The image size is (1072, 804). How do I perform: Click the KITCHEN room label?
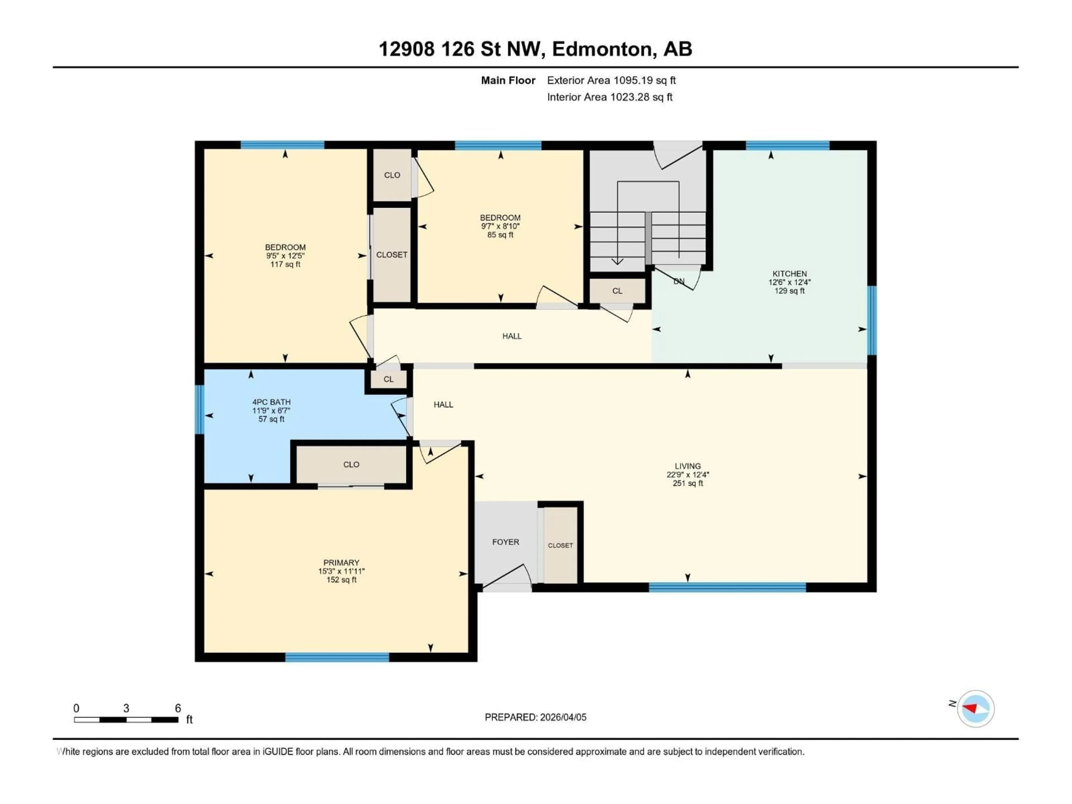789,274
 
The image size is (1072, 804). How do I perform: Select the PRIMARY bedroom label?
341,563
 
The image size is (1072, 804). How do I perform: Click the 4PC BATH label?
271,402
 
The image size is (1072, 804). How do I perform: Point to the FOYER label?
506,542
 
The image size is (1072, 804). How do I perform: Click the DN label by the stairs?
679,281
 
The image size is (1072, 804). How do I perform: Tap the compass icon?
976,709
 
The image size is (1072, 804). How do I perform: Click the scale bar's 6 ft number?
178,708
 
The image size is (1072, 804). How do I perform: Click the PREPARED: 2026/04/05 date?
535,717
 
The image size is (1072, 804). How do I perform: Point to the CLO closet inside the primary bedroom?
351,464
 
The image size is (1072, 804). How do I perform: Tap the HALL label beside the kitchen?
512,336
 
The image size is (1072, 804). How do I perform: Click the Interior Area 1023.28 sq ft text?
610,97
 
